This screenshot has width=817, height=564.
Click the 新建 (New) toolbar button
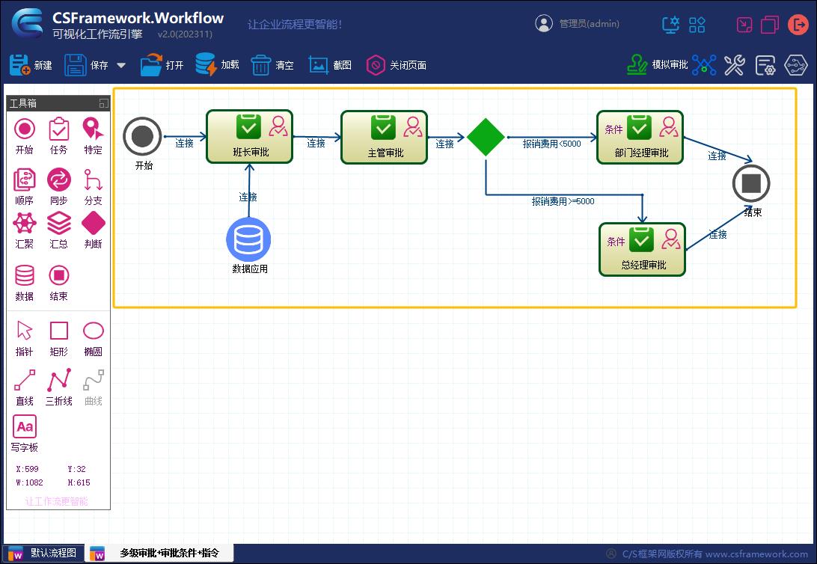coord(31,65)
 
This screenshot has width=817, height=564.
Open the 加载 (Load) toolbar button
coord(217,65)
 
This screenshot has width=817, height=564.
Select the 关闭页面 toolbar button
coord(396,65)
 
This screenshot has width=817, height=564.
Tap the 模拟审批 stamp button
coord(657,65)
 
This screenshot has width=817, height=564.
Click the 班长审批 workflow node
coord(249,137)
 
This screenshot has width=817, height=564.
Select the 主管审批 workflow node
coord(384,137)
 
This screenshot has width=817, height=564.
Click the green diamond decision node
coord(486,137)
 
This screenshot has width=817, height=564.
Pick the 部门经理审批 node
coord(640,137)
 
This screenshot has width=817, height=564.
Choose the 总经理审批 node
coord(642,249)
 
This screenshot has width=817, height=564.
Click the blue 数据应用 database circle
coord(248,239)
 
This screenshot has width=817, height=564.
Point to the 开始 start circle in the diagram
coord(142,136)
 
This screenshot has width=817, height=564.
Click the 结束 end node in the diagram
coord(751,183)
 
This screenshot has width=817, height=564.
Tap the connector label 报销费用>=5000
coord(563,201)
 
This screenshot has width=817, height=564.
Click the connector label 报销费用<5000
coord(551,144)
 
